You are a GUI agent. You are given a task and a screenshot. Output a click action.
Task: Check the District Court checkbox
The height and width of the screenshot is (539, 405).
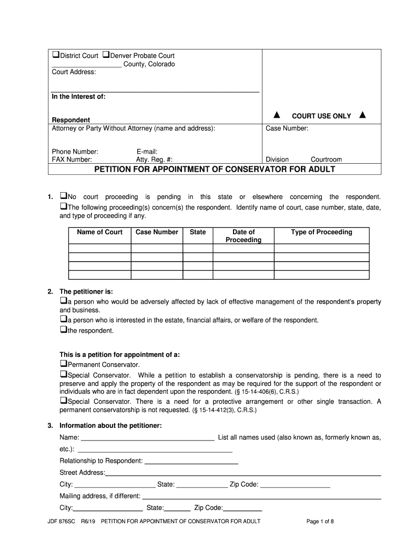point(55,55)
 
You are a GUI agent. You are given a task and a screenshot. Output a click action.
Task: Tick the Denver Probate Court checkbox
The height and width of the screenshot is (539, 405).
point(105,55)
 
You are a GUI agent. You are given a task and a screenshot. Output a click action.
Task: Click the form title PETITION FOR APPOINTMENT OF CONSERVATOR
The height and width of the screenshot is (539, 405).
point(214,169)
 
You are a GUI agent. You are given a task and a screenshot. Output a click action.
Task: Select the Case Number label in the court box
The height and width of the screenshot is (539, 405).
point(287,128)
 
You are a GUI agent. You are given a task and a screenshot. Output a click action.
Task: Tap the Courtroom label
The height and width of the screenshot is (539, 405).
point(326,159)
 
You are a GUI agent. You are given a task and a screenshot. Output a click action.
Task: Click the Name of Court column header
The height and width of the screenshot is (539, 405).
point(99,232)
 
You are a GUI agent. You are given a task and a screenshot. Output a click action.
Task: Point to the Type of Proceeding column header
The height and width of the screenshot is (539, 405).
point(321,232)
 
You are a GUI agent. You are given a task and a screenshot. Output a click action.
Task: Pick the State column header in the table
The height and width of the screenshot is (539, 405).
point(198,232)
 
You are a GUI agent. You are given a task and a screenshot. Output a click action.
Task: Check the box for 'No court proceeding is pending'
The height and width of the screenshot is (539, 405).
point(63,196)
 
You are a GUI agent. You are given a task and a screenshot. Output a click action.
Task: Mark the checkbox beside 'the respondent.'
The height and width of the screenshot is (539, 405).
point(63,330)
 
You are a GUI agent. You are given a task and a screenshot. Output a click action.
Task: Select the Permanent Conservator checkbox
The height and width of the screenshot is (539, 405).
point(63,364)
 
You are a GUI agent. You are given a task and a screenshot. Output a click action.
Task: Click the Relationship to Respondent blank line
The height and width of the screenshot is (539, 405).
point(191,462)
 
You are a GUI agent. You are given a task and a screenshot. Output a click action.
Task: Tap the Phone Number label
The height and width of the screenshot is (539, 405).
point(75,152)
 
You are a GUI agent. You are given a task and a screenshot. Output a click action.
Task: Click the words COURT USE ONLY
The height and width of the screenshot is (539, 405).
point(321,116)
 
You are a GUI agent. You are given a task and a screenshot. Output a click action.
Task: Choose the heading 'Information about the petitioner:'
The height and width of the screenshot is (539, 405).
point(110,425)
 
